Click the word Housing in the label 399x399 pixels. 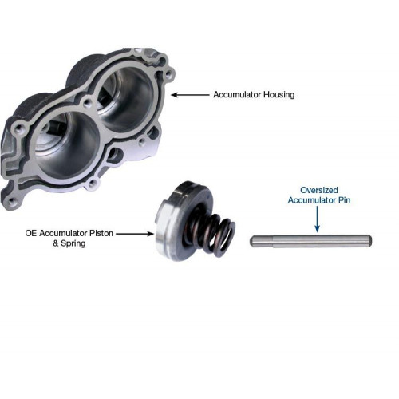coord(279,95)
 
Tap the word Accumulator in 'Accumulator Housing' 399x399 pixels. coord(237,94)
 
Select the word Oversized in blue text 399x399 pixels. coord(319,190)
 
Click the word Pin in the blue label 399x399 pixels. coord(344,200)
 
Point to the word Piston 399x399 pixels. coord(101,233)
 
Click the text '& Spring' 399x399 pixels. coord(69,243)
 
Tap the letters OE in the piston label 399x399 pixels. coord(31,233)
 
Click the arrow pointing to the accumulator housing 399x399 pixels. coord(190,95)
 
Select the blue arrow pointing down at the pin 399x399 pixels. coord(317,219)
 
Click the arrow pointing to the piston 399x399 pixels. coord(135,234)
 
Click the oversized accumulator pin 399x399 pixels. coord(310,241)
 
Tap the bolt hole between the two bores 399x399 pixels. coord(87,103)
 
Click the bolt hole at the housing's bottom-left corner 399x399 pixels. coord(11,203)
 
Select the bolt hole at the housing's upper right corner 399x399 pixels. coord(169,73)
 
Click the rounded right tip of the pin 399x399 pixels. coord(370,241)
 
